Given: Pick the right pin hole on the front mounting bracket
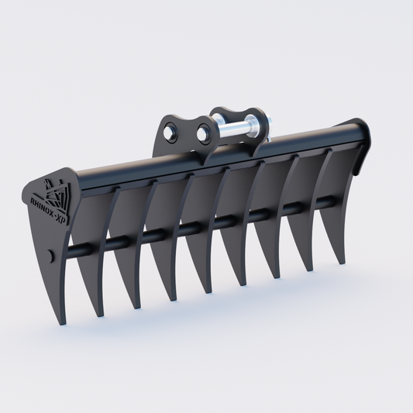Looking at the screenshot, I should click(x=203, y=135).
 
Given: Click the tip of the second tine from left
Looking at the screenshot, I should click(x=98, y=315).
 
